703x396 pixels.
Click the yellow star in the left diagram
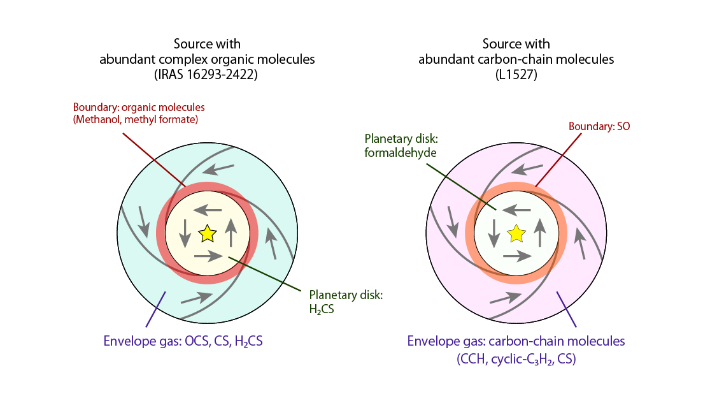click(207, 234)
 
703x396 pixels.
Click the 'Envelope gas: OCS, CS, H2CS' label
click(183, 341)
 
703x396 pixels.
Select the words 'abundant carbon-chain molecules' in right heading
click(516, 60)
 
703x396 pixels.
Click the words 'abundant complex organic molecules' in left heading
click(207, 60)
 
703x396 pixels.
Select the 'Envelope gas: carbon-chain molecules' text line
click(516, 341)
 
